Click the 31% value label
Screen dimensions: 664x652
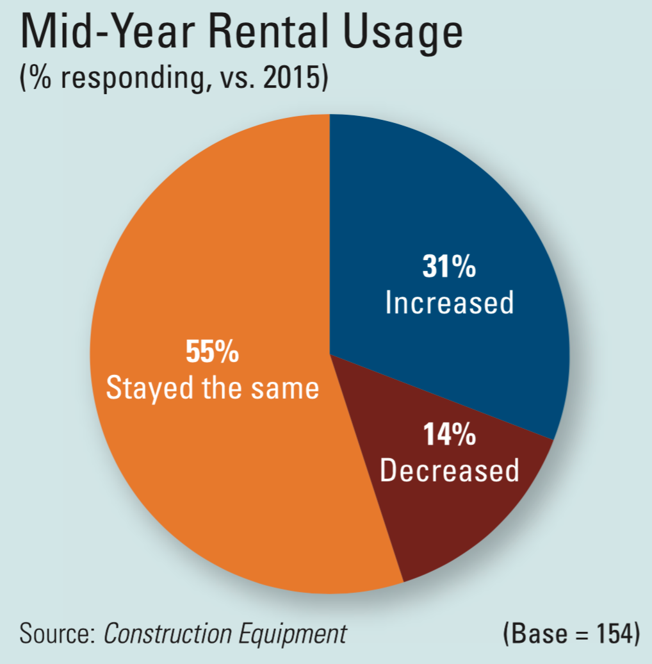tap(449, 267)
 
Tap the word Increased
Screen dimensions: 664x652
tap(449, 303)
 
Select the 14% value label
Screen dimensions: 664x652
tap(449, 435)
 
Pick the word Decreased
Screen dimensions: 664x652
tap(449, 470)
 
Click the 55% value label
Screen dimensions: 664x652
tap(212, 353)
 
